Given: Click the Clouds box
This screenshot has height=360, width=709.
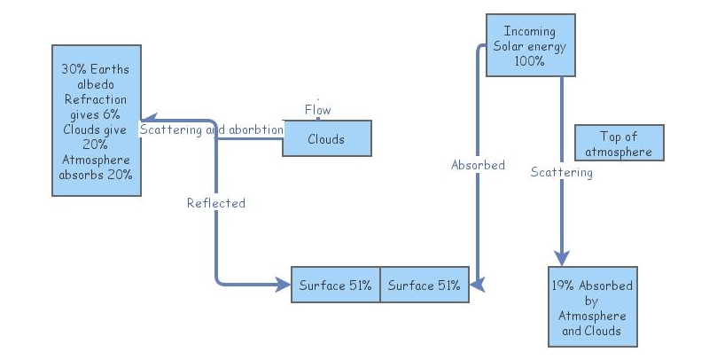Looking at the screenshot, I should click(326, 139).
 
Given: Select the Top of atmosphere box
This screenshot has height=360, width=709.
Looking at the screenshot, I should click(619, 143).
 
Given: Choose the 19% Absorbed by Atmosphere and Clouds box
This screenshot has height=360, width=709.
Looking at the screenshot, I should click(592, 309).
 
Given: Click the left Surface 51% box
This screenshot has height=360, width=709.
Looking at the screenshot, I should click(336, 286).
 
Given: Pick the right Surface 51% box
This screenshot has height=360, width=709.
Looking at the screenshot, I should click(425, 286).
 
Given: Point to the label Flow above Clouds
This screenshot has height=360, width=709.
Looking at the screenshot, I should click(317, 110).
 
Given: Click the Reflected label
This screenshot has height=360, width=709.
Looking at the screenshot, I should click(215, 203).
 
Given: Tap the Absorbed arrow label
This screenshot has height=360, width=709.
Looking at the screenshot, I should click(478, 165).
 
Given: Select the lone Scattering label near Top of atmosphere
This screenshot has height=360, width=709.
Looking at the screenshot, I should click(561, 172).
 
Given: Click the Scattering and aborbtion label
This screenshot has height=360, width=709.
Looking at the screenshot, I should click(212, 129).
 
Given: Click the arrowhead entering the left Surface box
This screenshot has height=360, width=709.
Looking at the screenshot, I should click(284, 286).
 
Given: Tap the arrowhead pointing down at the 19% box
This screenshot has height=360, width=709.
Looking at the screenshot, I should click(561, 257).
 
